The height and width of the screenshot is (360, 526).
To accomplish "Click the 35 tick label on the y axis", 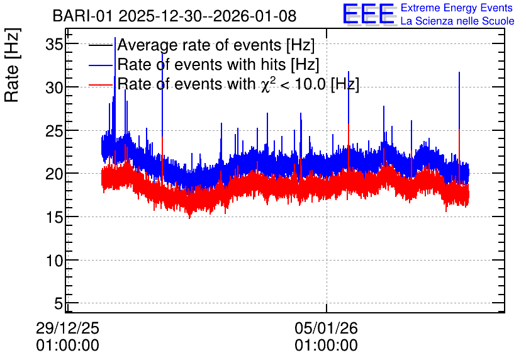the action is (x=54, y=44).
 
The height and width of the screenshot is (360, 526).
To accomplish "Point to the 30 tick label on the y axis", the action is (x=54, y=87).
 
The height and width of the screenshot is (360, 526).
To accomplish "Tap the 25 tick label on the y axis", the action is (x=54, y=131).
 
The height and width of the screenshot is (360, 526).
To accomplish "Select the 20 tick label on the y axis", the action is (x=54, y=174).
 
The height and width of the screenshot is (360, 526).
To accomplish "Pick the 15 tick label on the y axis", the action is (x=54, y=217).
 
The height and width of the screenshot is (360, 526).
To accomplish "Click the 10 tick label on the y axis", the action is (x=54, y=261).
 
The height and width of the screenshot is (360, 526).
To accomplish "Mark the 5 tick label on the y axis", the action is (x=59, y=303).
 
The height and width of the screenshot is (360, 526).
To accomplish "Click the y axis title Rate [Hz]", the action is (x=12, y=65).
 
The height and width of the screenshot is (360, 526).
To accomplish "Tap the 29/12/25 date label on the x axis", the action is (x=67, y=328).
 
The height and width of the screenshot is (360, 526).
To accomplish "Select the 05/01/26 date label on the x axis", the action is (x=327, y=328).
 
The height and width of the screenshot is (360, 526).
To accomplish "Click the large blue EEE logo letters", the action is (x=369, y=14).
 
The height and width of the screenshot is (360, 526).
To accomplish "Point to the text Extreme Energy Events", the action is (x=457, y=8).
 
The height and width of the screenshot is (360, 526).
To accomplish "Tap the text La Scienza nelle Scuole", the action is (x=457, y=21).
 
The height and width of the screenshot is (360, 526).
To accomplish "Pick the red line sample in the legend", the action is (x=101, y=85).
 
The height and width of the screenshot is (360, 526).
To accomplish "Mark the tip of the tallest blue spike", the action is (x=115, y=37).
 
